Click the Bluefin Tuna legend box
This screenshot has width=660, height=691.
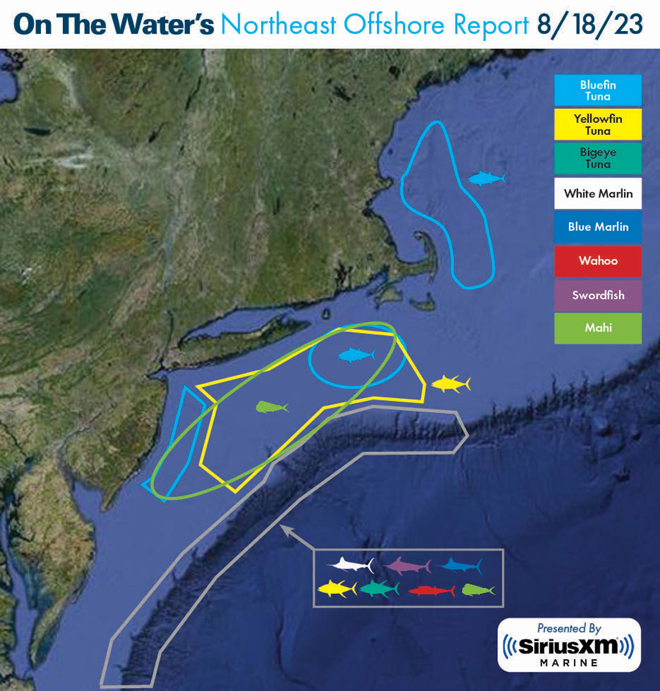coord(598,90)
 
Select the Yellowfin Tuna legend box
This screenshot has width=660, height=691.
coord(598,125)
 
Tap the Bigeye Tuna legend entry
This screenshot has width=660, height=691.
coord(598,158)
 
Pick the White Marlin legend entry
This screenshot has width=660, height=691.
coord(598,194)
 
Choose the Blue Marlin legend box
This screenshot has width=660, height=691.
coord(598,227)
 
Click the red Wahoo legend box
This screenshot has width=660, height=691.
coord(598,261)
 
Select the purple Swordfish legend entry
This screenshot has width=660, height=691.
coord(598,295)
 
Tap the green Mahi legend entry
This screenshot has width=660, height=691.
coord(598,328)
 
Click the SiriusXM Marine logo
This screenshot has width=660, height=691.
coord(568,645)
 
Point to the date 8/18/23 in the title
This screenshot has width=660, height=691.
coord(590,25)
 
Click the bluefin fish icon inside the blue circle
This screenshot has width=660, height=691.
coord(356,355)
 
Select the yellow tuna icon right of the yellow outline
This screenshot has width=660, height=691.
coord(450,384)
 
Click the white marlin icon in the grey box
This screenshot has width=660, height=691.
coord(350,564)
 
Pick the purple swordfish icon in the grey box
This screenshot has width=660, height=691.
coord(406,565)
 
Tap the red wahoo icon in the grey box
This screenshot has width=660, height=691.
coord(431,591)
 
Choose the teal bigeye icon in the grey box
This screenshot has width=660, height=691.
coord(380,590)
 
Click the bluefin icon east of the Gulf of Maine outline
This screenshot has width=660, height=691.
coord(487,178)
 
